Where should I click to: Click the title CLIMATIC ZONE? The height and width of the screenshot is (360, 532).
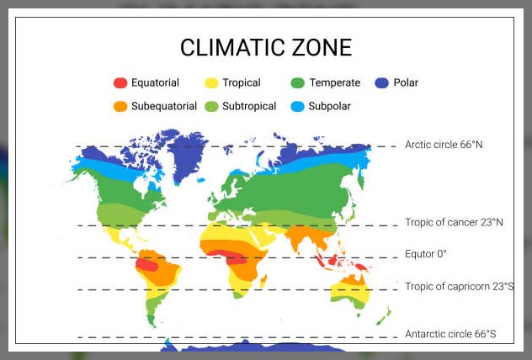[x=266, y=47]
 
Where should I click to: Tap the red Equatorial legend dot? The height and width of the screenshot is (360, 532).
[x=120, y=82]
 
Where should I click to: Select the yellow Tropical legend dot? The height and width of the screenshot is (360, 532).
[x=211, y=82]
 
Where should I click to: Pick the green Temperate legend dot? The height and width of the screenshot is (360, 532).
[x=297, y=82]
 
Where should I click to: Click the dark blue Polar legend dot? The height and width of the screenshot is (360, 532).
[x=382, y=82]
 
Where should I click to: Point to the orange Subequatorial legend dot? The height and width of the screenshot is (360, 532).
[x=120, y=107]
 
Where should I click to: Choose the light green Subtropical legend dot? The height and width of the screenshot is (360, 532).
[x=211, y=107]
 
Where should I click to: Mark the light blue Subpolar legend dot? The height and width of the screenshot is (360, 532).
[x=297, y=107]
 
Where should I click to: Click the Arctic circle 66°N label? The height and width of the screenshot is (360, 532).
[x=444, y=145]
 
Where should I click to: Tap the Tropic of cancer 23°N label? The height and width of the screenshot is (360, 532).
[x=454, y=223]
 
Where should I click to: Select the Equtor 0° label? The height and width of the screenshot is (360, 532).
[x=425, y=254]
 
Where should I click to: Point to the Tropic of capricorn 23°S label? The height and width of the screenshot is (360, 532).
[x=459, y=287]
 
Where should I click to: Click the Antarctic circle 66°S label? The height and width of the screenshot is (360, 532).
[x=450, y=335]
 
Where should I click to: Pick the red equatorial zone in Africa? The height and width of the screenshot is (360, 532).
[x=237, y=257]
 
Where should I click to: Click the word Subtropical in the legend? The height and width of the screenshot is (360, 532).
[x=249, y=107]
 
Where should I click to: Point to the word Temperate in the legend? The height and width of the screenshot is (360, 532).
[x=334, y=82]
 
